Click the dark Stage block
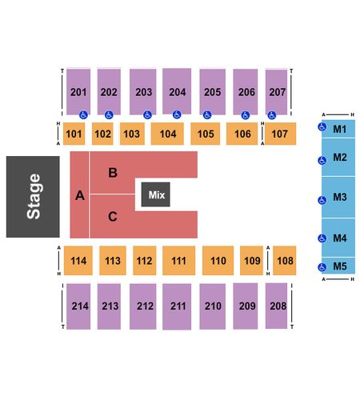pos(33,197)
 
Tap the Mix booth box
pos(156,194)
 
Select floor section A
pos(79,194)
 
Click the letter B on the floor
pos(113,173)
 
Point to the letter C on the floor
pos(113,216)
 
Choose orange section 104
pos(167,134)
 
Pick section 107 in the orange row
pos(280,134)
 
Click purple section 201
pos(78,92)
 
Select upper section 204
pos(177,91)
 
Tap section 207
pos(277,92)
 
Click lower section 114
pos(78,260)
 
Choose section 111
pos(179,260)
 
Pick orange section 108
pos(285,260)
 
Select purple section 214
pos(78,306)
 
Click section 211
pos(177,306)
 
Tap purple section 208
pos(277,306)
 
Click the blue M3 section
pos(338,197)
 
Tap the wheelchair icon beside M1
pos(322,127)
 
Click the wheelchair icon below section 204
pos(177,114)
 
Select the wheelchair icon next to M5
pos(322,267)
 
